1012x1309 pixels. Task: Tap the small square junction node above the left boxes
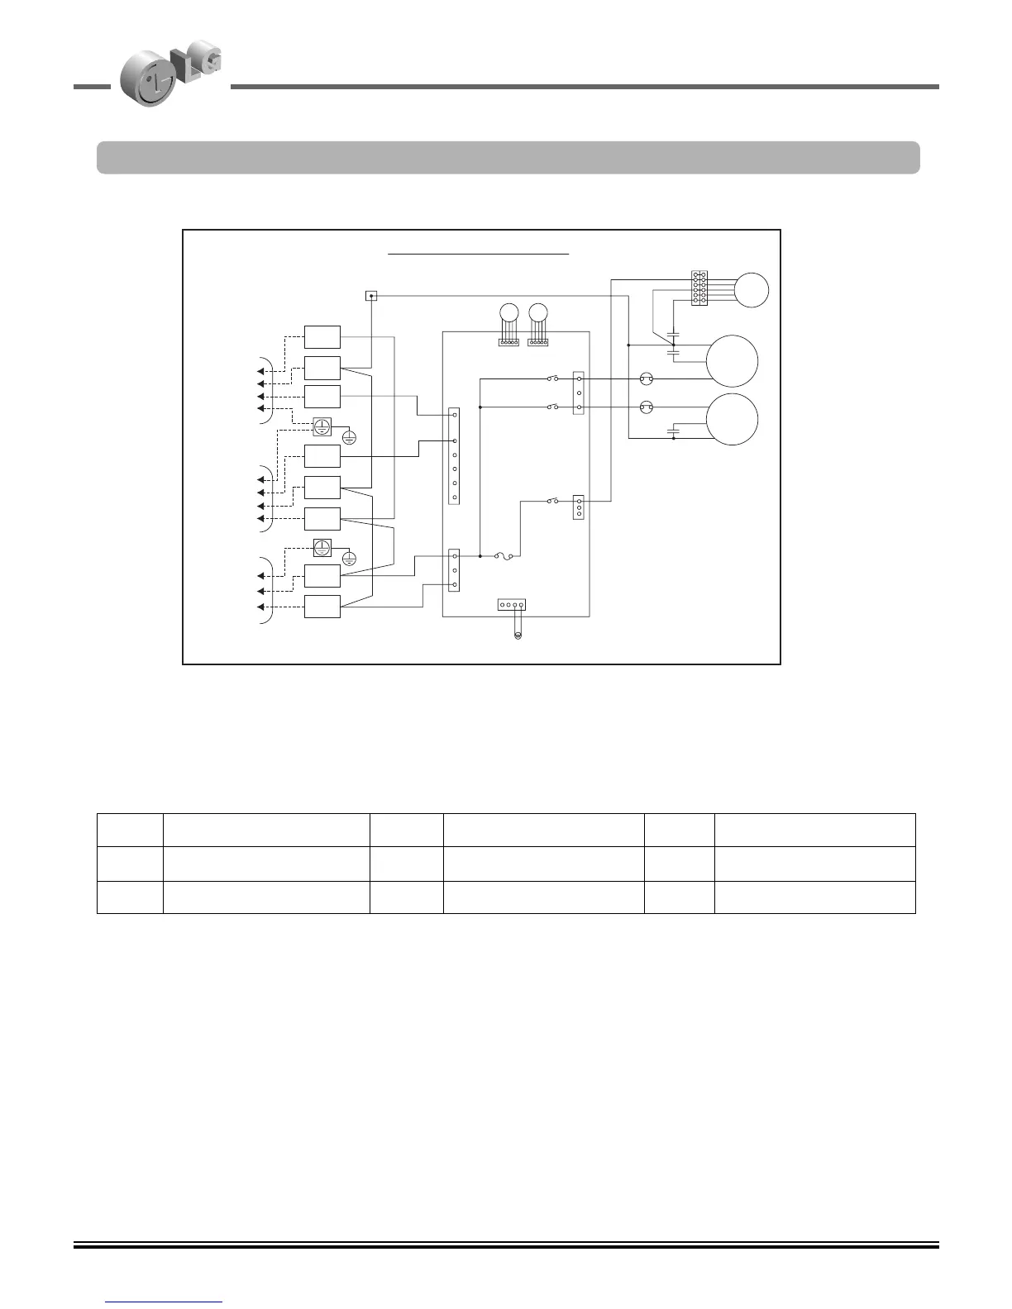click(x=371, y=296)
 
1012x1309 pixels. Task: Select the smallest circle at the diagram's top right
click(x=752, y=290)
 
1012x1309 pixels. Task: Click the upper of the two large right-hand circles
click(x=732, y=361)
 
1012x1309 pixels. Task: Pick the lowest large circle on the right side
click(x=732, y=420)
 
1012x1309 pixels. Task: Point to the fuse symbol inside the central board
click(x=504, y=557)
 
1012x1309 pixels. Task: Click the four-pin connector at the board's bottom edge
click(x=511, y=605)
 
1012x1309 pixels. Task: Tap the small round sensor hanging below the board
click(x=518, y=635)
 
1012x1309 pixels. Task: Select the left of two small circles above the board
click(x=509, y=312)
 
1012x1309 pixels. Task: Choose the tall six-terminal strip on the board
click(x=454, y=455)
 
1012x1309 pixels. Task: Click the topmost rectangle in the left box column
click(x=322, y=337)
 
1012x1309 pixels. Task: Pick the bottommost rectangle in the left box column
click(x=322, y=607)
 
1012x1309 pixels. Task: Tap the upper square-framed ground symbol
click(x=322, y=426)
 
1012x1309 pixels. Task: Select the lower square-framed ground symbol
click(x=322, y=547)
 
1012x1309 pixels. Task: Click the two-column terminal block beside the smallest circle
click(x=699, y=288)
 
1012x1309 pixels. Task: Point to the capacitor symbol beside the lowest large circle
click(x=674, y=431)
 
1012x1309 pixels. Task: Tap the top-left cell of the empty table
click(x=130, y=830)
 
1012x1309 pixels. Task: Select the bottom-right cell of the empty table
click(x=814, y=897)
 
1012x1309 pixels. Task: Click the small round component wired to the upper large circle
click(x=647, y=379)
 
